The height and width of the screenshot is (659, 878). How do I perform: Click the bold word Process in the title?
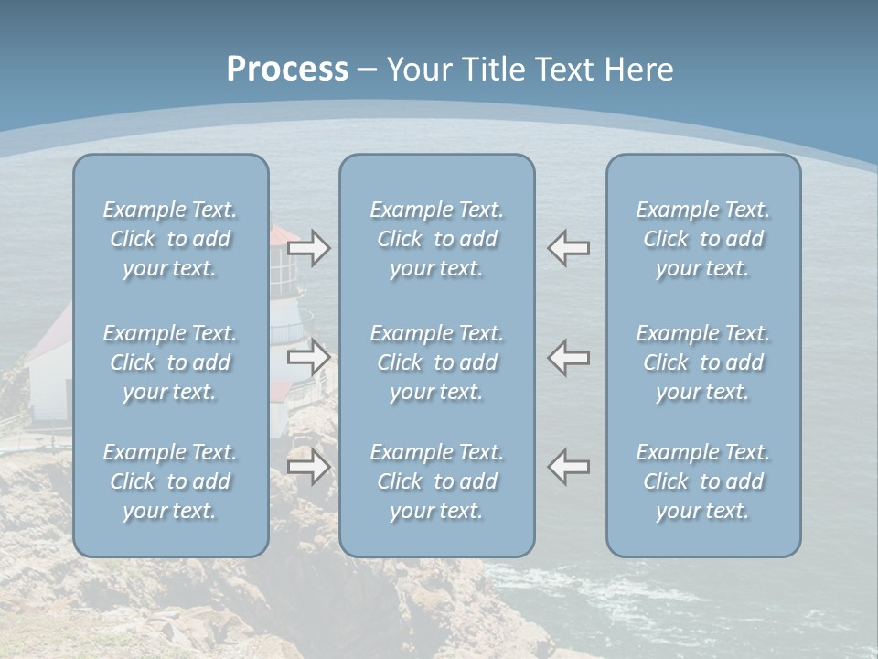click(x=287, y=70)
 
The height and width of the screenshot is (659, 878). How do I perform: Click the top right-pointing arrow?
click(x=309, y=248)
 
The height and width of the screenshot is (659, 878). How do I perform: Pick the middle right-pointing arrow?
click(x=309, y=357)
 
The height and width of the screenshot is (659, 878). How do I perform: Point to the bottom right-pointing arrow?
click(x=309, y=467)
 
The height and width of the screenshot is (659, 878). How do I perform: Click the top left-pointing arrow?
click(x=569, y=248)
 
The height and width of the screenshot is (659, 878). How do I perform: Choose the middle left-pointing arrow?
click(x=569, y=357)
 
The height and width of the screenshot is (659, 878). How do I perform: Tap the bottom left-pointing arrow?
click(x=569, y=467)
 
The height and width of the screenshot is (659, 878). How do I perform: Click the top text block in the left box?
click(x=170, y=239)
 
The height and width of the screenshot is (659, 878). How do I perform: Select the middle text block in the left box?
click(x=170, y=362)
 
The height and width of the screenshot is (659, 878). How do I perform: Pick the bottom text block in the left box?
click(x=170, y=481)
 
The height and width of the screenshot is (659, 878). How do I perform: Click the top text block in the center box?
click(x=437, y=239)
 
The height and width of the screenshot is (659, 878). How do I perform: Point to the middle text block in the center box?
click(x=437, y=362)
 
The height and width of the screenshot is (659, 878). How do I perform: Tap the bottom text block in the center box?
click(x=437, y=481)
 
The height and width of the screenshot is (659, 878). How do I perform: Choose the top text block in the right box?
click(x=703, y=239)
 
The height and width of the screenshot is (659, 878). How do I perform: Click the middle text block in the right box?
click(x=703, y=362)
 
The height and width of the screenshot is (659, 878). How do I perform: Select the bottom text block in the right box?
click(x=703, y=481)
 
